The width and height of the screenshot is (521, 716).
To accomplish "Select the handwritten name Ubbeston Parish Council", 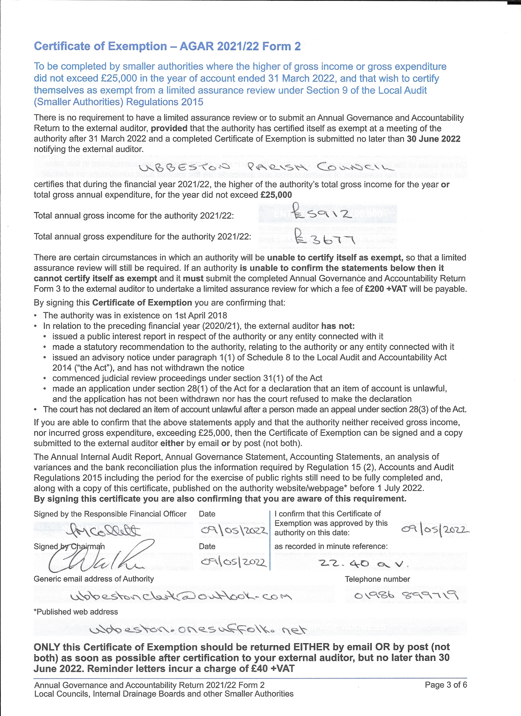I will pos(264,166).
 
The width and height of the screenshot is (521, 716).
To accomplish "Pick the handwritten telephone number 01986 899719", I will pos(406,595).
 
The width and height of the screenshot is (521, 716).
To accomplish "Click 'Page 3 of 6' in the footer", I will pos(445,685).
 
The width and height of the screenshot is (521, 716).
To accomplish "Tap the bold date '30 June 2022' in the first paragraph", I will pos(434,139).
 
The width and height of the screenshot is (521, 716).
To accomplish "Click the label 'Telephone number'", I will pos(377,579).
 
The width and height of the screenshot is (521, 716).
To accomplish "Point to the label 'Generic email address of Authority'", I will pos(94,579).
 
